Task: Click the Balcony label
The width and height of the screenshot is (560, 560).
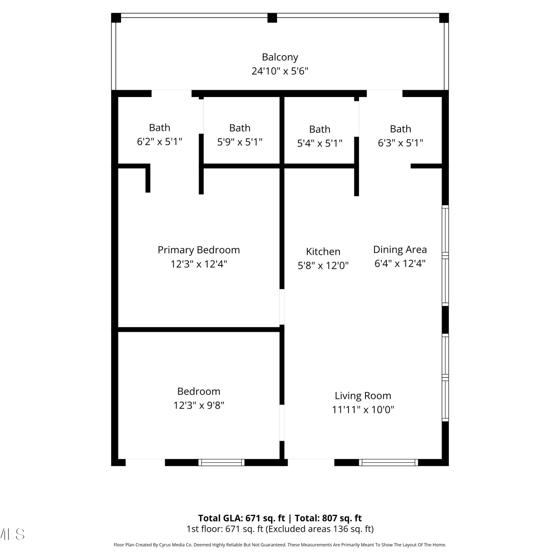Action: (x=280, y=57)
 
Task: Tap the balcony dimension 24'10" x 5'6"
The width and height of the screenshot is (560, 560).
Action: (x=280, y=71)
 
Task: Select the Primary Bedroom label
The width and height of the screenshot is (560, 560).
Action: (x=199, y=250)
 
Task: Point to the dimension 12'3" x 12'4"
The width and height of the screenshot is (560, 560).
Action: (x=199, y=264)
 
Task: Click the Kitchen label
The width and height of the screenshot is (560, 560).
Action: (x=323, y=251)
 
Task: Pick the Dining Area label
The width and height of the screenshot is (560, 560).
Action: (x=400, y=249)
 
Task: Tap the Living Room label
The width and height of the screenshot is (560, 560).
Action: (x=363, y=396)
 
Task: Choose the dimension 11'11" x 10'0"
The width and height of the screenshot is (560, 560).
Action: (x=363, y=410)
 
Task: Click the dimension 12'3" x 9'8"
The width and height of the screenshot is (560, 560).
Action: (x=199, y=405)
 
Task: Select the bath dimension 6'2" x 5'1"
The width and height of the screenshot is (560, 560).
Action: (x=159, y=141)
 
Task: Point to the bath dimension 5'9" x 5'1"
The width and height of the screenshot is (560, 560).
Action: (x=240, y=142)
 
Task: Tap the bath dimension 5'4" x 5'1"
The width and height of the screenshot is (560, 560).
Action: (x=320, y=143)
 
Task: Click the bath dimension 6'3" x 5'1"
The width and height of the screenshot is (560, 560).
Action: (x=401, y=143)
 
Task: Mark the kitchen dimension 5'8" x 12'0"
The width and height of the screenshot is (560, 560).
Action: (x=323, y=265)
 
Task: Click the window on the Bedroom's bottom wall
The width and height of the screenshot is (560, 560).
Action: (x=221, y=463)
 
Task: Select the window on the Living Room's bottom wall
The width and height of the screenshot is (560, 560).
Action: (x=389, y=463)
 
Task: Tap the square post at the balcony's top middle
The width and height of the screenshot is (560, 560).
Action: (x=272, y=18)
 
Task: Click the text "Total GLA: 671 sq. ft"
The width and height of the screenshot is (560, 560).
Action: (x=242, y=518)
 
